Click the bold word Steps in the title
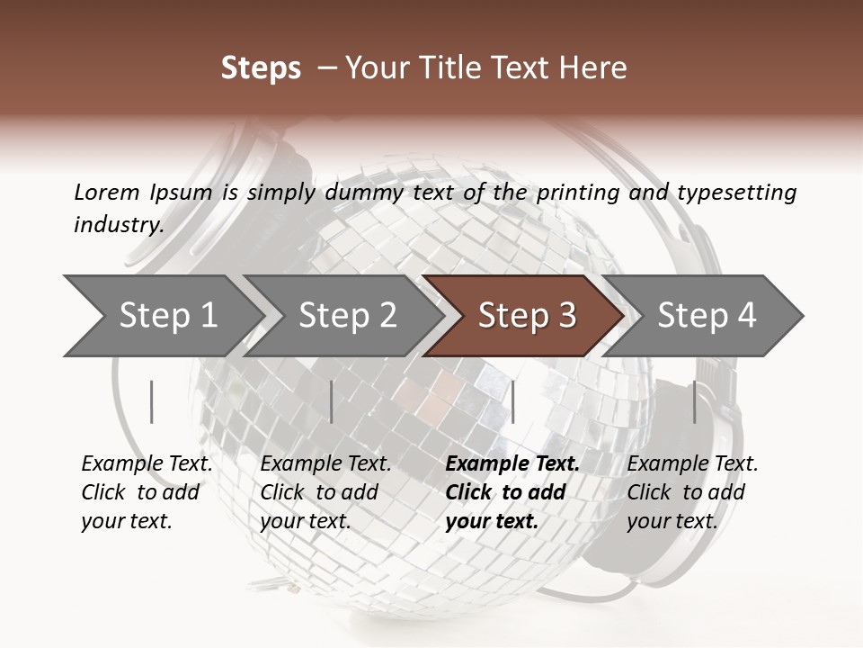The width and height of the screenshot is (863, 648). [261, 68]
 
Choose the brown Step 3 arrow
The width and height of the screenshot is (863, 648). [527, 315]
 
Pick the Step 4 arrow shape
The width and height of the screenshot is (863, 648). [707, 315]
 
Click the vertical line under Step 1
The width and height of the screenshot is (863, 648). [152, 401]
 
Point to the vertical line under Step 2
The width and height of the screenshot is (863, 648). [332, 401]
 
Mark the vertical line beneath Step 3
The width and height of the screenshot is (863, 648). [512, 401]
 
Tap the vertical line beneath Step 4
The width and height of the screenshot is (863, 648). [694, 401]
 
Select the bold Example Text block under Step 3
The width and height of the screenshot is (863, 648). [512, 492]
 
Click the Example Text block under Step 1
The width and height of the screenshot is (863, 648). [147, 492]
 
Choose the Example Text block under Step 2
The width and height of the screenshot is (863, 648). [325, 492]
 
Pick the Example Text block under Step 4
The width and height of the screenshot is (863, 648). [692, 492]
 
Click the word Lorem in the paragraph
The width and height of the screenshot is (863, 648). [107, 192]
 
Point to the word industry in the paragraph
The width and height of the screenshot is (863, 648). [119, 225]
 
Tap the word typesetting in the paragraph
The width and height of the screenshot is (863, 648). [736, 192]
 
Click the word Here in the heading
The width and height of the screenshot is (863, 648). [594, 68]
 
